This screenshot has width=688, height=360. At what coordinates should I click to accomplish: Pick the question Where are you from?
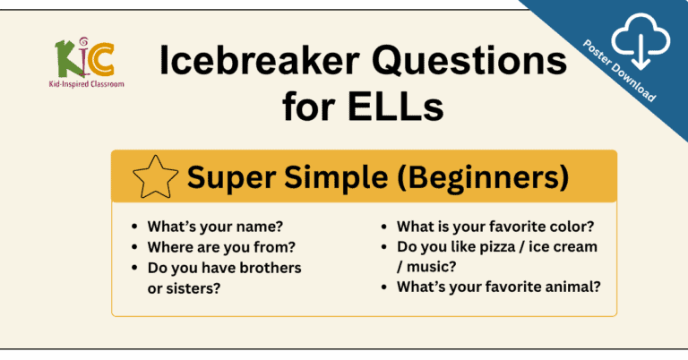(x=209, y=247)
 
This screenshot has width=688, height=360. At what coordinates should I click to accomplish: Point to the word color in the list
(x=569, y=227)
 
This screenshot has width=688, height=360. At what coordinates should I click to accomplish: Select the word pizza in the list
(x=494, y=247)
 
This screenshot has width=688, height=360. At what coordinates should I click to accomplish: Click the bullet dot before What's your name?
(x=135, y=228)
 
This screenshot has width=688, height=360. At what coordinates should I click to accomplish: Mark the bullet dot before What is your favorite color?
(x=384, y=228)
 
